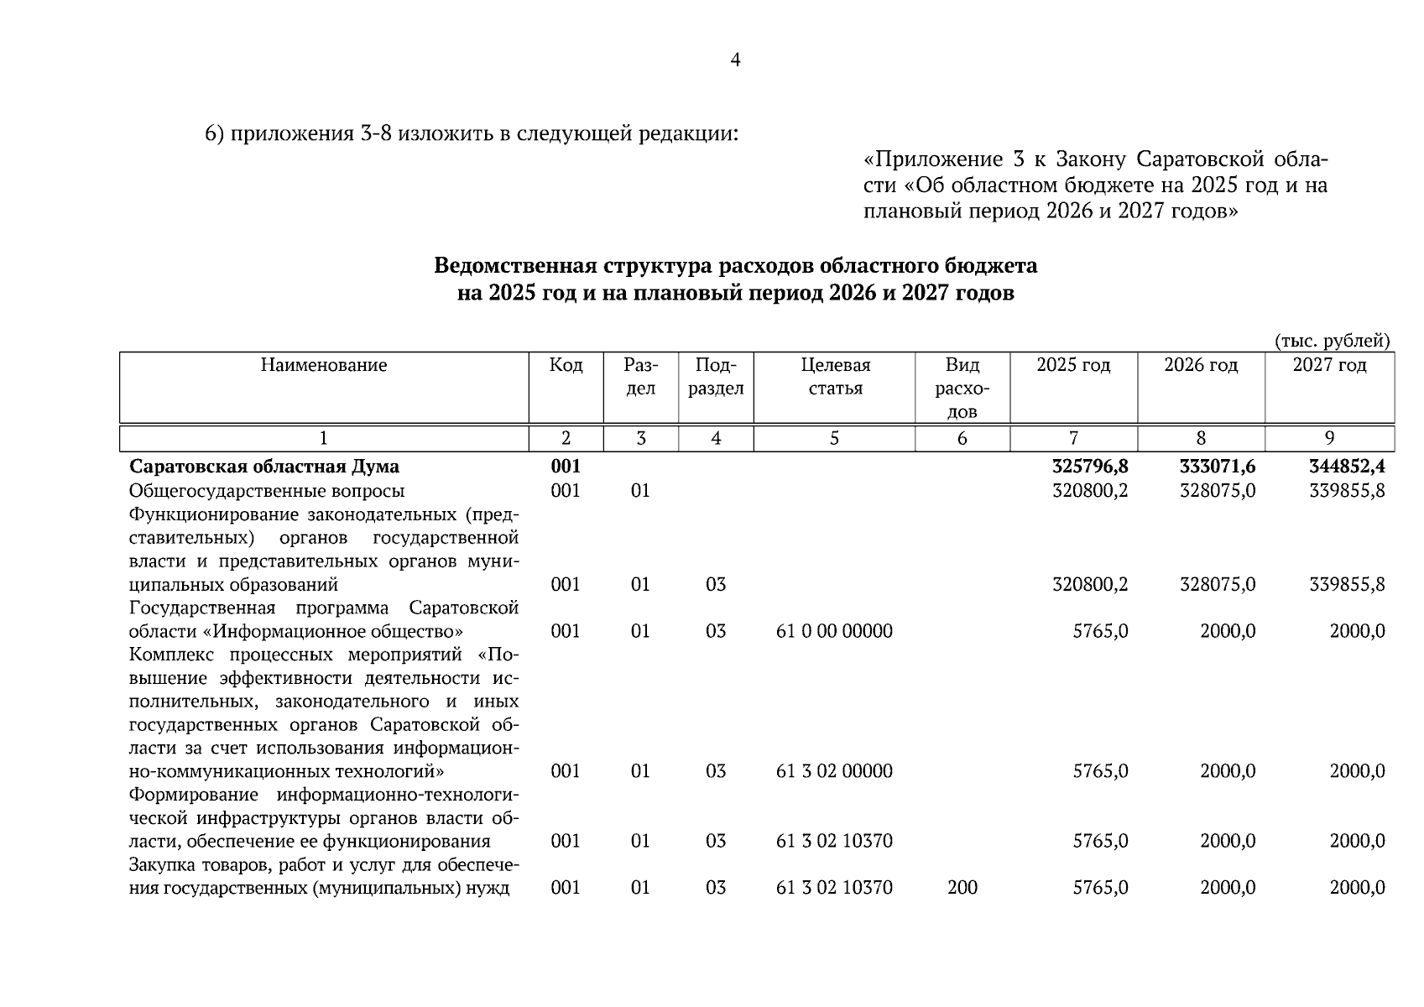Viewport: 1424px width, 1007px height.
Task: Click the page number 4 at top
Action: (x=735, y=60)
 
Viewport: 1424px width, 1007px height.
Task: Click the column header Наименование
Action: (x=323, y=365)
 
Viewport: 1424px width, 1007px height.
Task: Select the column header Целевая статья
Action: (x=835, y=377)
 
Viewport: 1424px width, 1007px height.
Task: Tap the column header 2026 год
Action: (x=1201, y=365)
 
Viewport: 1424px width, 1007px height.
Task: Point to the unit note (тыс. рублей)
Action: (x=1332, y=341)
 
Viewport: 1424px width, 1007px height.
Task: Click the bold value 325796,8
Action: (x=1090, y=467)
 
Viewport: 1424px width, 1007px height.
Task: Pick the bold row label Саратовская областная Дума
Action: (x=264, y=467)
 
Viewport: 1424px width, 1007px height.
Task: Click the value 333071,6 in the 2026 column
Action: (x=1218, y=467)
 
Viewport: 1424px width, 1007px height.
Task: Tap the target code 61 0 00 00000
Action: (x=834, y=631)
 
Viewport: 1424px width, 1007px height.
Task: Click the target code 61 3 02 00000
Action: (x=834, y=771)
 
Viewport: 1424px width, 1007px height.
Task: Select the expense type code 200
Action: (x=962, y=888)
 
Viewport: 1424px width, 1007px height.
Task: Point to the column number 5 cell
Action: (x=834, y=438)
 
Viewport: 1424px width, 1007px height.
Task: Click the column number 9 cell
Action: (x=1329, y=438)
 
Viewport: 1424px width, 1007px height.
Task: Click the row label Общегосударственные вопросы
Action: (x=267, y=490)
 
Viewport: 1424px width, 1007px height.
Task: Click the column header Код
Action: (x=566, y=365)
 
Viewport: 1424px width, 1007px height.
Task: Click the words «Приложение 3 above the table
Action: (x=933, y=159)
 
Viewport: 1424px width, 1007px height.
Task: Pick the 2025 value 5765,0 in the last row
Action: (x=1100, y=888)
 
